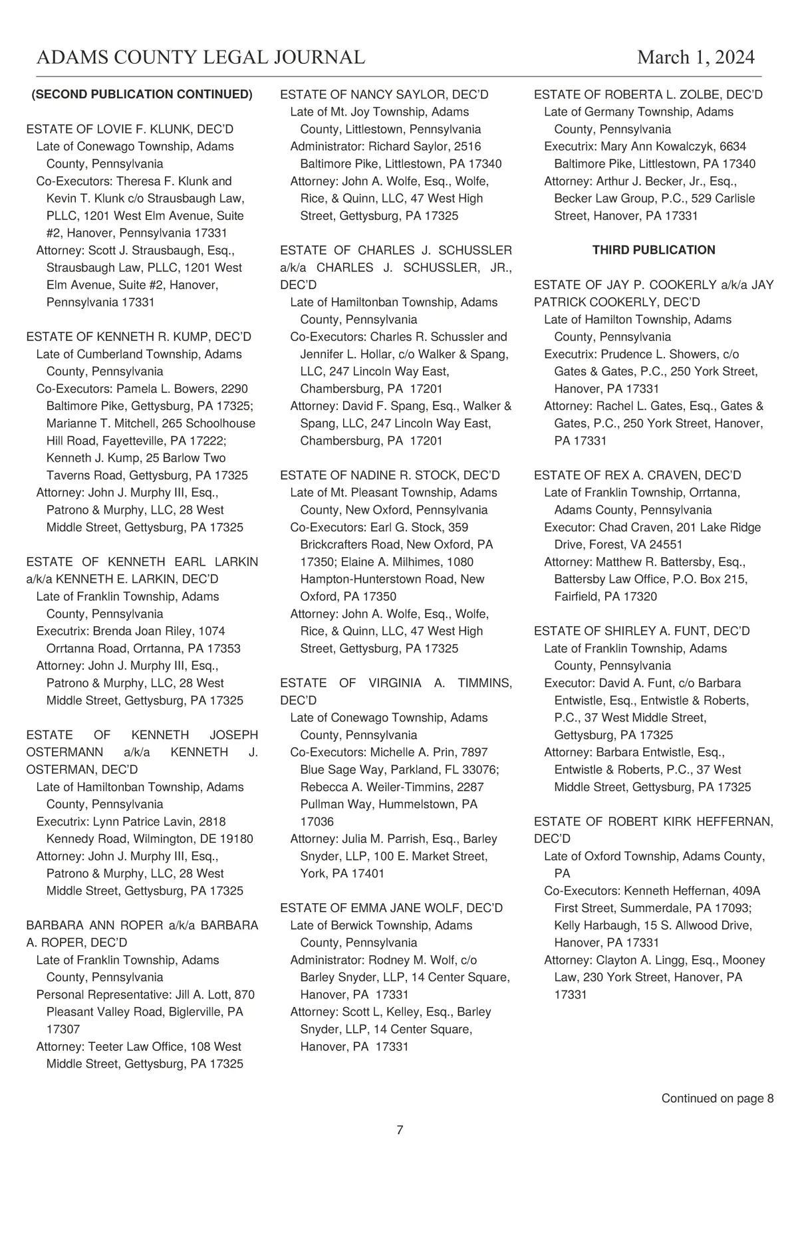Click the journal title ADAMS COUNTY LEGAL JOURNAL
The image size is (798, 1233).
(x=200, y=57)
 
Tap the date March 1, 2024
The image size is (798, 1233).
(x=696, y=57)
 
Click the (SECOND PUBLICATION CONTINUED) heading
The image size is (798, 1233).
(x=142, y=94)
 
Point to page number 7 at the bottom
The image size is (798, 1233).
(x=400, y=1130)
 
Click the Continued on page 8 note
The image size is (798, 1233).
(x=717, y=1098)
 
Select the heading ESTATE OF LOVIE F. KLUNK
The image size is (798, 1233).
(x=130, y=129)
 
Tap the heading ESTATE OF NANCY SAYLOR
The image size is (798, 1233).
(x=384, y=94)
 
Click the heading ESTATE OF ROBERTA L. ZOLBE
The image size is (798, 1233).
(x=648, y=94)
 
